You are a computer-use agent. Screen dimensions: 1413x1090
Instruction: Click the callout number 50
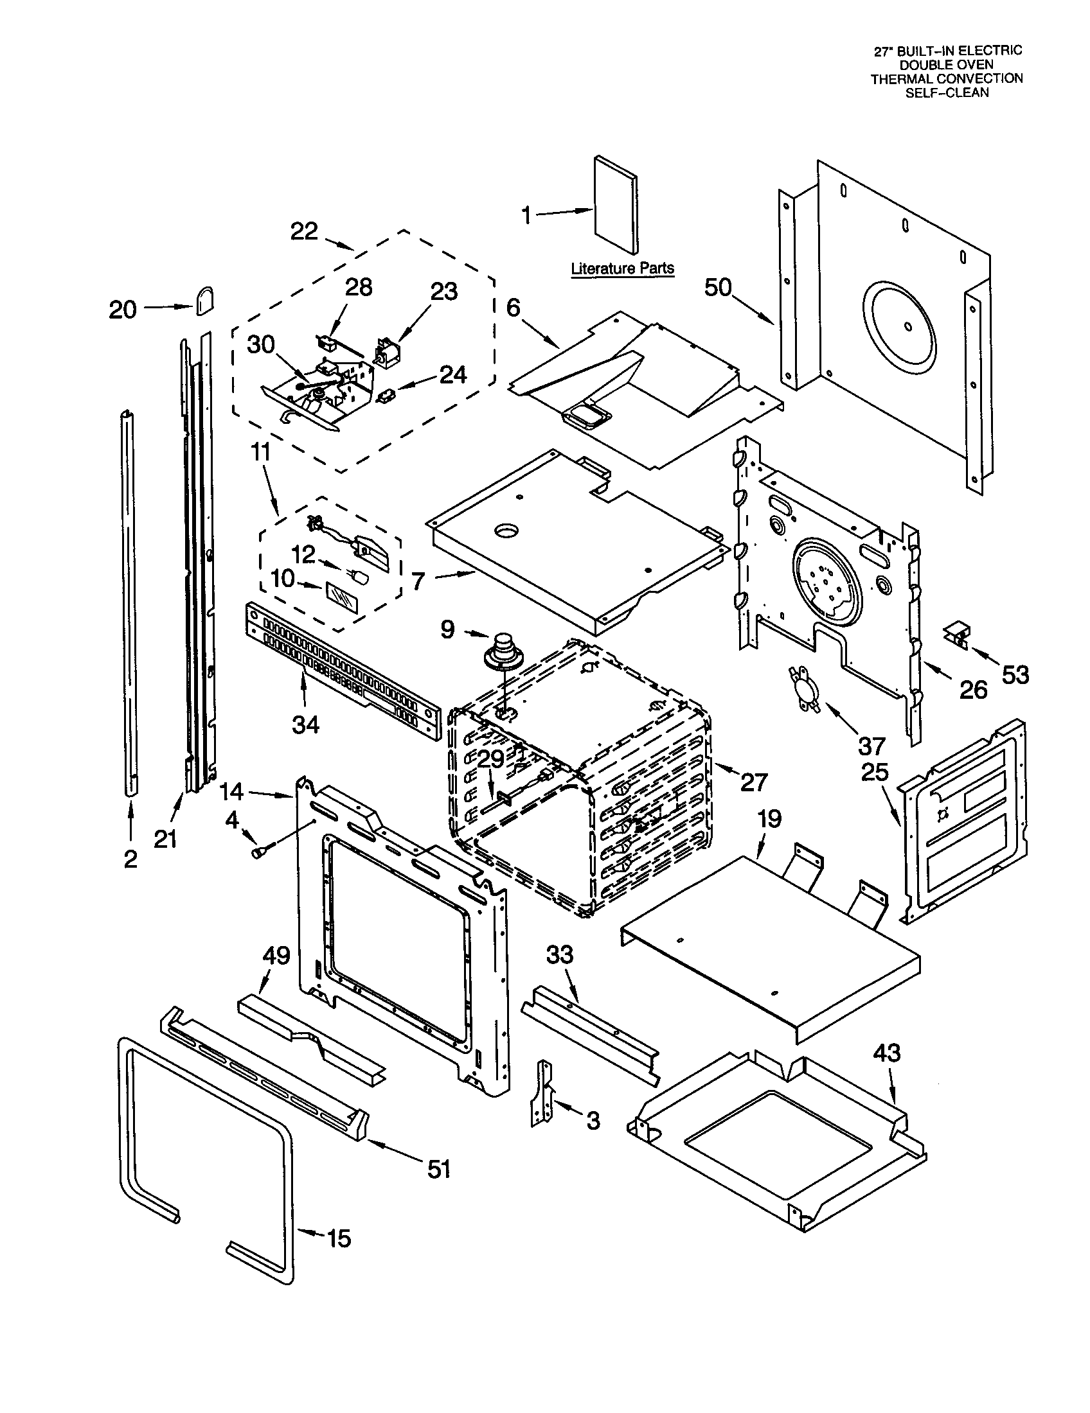pyautogui.click(x=718, y=287)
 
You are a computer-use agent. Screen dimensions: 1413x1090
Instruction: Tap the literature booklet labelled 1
pyautogui.click(x=615, y=204)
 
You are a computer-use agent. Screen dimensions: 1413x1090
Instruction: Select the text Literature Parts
pyautogui.click(x=622, y=268)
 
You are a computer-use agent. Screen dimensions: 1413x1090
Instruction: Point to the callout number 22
pyautogui.click(x=304, y=232)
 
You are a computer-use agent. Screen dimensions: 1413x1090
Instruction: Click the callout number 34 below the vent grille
pyautogui.click(x=305, y=724)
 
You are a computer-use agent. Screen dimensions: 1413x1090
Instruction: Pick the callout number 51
pyautogui.click(x=439, y=1168)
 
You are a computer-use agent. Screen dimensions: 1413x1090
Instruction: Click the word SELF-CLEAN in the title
pyautogui.click(x=946, y=92)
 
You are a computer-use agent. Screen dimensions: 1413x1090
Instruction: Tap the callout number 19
pyautogui.click(x=769, y=819)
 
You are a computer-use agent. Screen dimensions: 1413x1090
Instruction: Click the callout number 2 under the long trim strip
pyautogui.click(x=130, y=859)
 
